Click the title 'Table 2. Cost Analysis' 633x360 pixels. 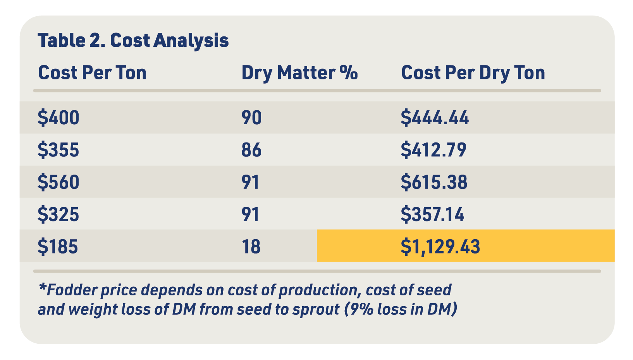[133, 41]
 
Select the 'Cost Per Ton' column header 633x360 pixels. [92, 73]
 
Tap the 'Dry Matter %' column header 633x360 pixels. [299, 73]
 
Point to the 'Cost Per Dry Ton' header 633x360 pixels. [473, 73]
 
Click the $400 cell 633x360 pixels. [58, 118]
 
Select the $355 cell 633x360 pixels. [58, 150]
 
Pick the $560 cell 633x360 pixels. [58, 182]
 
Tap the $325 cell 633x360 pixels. [58, 214]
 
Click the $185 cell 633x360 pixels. [58, 246]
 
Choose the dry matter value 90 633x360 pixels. [251, 118]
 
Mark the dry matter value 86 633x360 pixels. [251, 150]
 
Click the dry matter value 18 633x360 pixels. [251, 246]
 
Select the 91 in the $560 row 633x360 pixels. [250, 182]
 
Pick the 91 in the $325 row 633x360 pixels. [250, 214]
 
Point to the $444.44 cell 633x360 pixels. [435, 118]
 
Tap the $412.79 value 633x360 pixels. [433, 150]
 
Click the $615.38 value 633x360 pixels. [434, 182]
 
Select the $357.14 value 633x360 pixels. [432, 214]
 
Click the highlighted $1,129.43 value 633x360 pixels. [440, 246]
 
